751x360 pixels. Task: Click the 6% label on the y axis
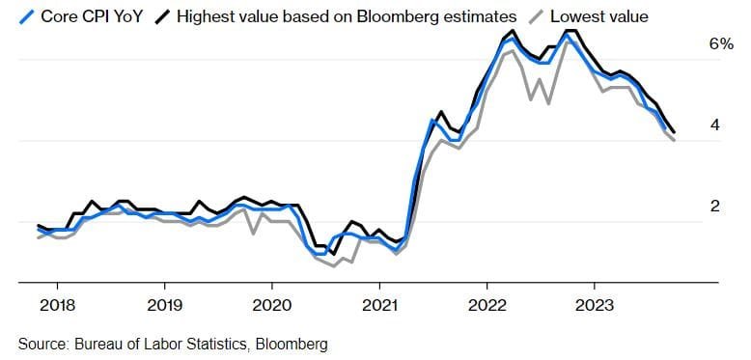tap(721, 44)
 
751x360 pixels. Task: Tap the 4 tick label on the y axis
tap(714, 125)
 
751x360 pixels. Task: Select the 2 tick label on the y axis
tap(714, 207)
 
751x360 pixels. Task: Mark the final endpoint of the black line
tap(674, 132)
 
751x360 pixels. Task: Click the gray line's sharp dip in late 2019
tap(253, 233)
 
